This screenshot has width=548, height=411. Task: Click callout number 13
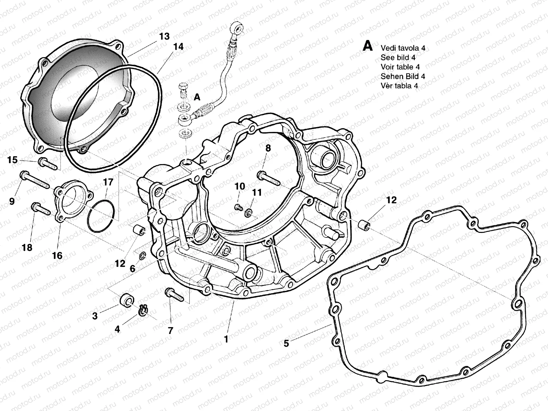164,36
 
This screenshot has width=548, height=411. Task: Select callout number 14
178,47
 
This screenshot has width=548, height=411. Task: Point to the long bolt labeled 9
36,180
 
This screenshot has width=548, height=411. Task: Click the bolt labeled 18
40,209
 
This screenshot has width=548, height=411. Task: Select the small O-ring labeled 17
101,215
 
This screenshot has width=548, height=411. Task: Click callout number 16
57,255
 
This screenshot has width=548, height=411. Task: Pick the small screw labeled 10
238,207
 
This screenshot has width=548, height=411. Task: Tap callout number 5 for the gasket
286,343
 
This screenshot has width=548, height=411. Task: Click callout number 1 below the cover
226,339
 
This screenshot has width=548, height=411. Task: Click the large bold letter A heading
368,46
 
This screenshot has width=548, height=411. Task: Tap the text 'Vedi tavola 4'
403,48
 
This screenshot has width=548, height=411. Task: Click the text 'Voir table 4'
400,67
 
